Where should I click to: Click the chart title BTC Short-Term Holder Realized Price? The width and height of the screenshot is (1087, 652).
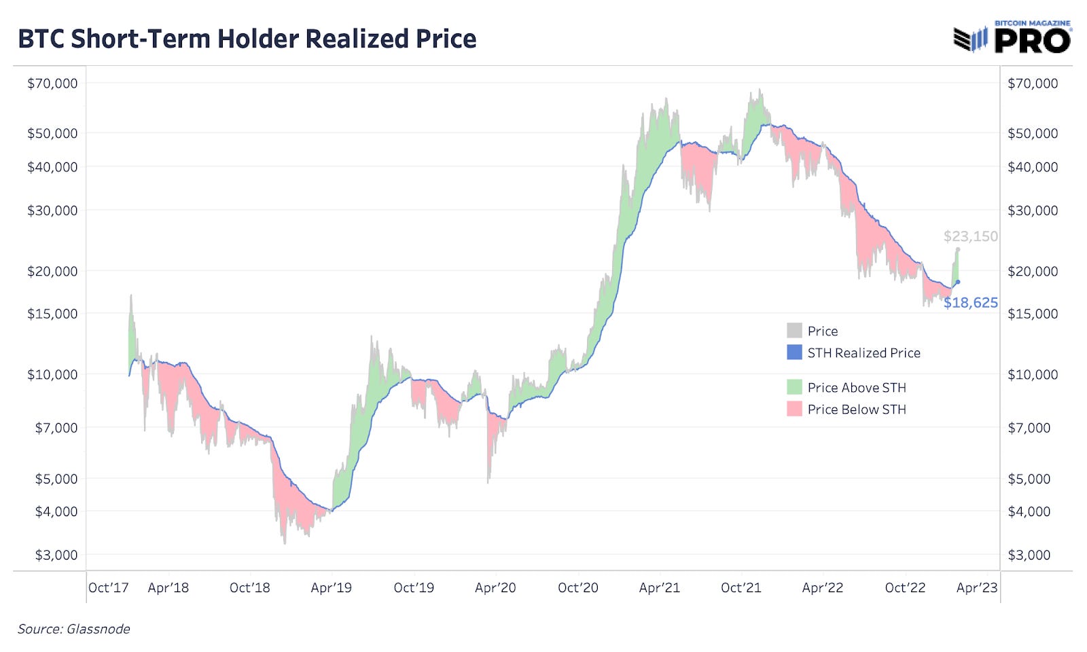pyautogui.click(x=247, y=39)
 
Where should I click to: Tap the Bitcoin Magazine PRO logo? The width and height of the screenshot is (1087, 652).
pyautogui.click(x=1012, y=37)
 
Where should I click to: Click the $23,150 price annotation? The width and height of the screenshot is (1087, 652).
pyautogui.click(x=970, y=236)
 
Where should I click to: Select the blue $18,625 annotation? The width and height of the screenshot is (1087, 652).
pyautogui.click(x=970, y=302)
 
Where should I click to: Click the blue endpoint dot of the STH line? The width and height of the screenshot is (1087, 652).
pyautogui.click(x=958, y=282)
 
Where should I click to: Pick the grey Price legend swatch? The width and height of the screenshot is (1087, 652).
pyautogui.click(x=794, y=331)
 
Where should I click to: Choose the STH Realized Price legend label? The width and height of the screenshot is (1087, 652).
pyautogui.click(x=863, y=352)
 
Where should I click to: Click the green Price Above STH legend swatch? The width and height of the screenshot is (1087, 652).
pyautogui.click(x=794, y=387)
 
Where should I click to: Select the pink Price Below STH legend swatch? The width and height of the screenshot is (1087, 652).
pyautogui.click(x=794, y=409)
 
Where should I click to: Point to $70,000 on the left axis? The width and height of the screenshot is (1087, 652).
pyautogui.click(x=52, y=84)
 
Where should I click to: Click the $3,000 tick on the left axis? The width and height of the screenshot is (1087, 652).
pyautogui.click(x=56, y=555)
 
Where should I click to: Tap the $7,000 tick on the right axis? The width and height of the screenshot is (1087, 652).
pyautogui.click(x=1029, y=428)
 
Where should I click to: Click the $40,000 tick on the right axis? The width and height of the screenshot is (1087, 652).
pyautogui.click(x=1032, y=166)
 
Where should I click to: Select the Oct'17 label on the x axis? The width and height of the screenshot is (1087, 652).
pyautogui.click(x=108, y=587)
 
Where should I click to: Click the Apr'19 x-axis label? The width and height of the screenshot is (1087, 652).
pyautogui.click(x=331, y=587)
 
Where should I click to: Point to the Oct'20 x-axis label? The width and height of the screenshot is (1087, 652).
pyautogui.click(x=577, y=587)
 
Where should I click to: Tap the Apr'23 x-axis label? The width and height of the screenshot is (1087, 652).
pyautogui.click(x=976, y=587)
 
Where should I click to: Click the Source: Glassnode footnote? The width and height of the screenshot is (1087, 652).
pyautogui.click(x=73, y=629)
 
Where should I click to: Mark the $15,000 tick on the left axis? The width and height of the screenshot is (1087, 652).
pyautogui.click(x=52, y=314)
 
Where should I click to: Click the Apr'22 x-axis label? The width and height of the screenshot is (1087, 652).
pyautogui.click(x=822, y=587)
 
